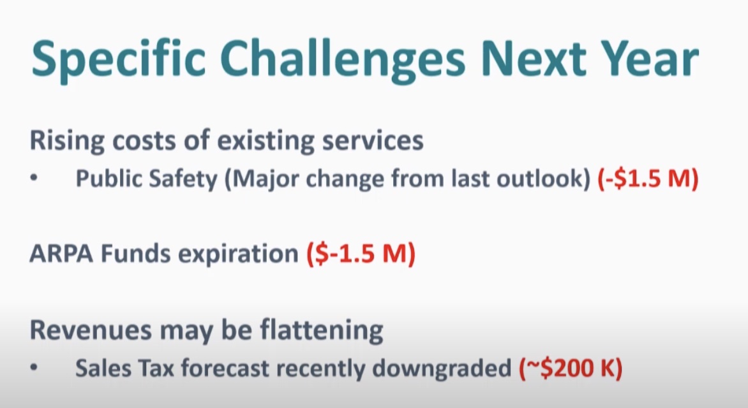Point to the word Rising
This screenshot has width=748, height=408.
click(x=67, y=142)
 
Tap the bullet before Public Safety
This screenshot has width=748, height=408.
click(x=33, y=178)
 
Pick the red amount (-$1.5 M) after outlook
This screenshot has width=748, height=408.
click(x=648, y=178)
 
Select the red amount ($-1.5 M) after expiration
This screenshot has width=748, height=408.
click(x=361, y=254)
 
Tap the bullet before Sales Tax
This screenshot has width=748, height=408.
click(x=33, y=368)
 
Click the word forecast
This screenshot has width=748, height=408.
click(x=225, y=368)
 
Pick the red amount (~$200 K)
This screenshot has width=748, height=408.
click(x=571, y=368)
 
